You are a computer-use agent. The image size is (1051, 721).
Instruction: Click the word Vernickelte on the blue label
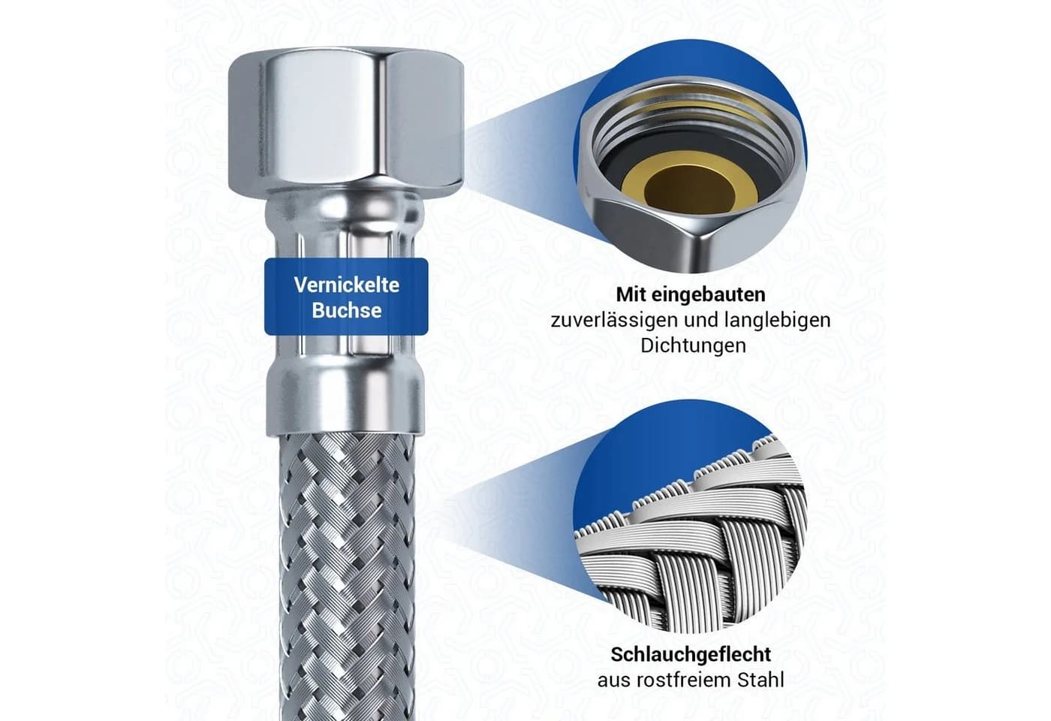(346, 285)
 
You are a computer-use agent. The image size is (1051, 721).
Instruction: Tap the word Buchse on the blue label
(347, 310)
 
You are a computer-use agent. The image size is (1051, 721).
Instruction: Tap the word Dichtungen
(694, 346)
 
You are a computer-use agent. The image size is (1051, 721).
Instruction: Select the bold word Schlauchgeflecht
(691, 655)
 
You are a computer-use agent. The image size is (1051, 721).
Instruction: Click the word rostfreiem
(682, 680)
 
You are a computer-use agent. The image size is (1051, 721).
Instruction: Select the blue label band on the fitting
(346, 297)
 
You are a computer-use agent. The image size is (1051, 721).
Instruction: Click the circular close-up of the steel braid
(690, 517)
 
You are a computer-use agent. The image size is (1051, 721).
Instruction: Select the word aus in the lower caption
(613, 681)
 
